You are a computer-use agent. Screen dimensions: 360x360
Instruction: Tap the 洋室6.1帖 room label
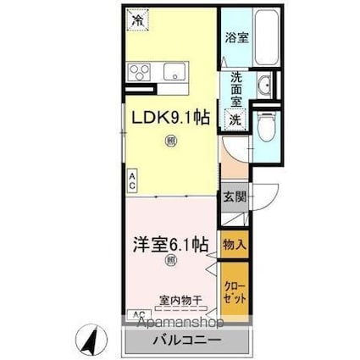pyautogui.click(x=169, y=245)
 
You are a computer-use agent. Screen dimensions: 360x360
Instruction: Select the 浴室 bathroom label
pyautogui.click(x=235, y=38)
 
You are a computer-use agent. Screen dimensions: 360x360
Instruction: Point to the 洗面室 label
pyautogui.click(x=235, y=88)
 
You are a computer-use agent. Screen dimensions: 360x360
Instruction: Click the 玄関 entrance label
pyautogui.click(x=234, y=197)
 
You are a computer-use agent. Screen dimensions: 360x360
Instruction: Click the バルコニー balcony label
pyautogui.click(x=187, y=341)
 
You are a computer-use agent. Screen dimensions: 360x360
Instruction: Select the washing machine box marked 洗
pyautogui.click(x=235, y=119)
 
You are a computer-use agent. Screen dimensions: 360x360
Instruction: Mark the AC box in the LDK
pyautogui.click(x=133, y=178)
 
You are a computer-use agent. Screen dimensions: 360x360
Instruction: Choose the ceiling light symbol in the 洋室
pyautogui.click(x=170, y=262)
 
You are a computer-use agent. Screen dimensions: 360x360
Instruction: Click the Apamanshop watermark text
pyautogui.click(x=176, y=324)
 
